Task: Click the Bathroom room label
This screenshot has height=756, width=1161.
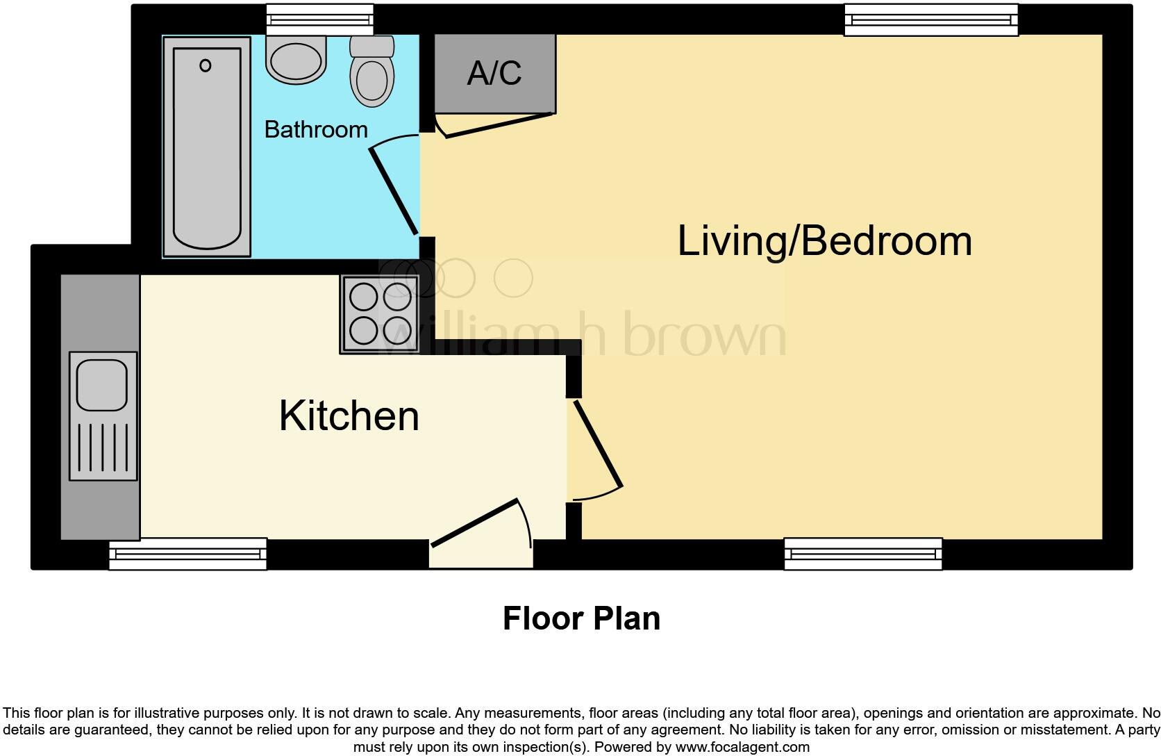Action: pos(316,130)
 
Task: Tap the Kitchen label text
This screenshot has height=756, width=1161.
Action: pos(349,416)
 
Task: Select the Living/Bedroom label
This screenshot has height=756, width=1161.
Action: pos(824,241)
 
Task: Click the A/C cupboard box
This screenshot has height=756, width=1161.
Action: pos(494,73)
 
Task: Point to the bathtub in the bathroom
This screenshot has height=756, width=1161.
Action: pos(206,147)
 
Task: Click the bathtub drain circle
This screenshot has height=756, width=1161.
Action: pos(205,66)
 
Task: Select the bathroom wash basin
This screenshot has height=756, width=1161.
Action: pos(296,59)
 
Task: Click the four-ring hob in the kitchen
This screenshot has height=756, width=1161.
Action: pos(380,314)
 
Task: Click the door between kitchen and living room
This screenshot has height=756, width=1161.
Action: pos(596,445)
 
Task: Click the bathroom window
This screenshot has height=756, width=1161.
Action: pos(319,19)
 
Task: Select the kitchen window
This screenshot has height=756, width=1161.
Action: pos(187,554)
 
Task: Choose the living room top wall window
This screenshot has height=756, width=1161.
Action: pos(930,19)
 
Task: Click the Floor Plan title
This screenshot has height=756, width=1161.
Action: pos(581,618)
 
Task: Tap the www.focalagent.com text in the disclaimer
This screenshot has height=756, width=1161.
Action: pos(742,748)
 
